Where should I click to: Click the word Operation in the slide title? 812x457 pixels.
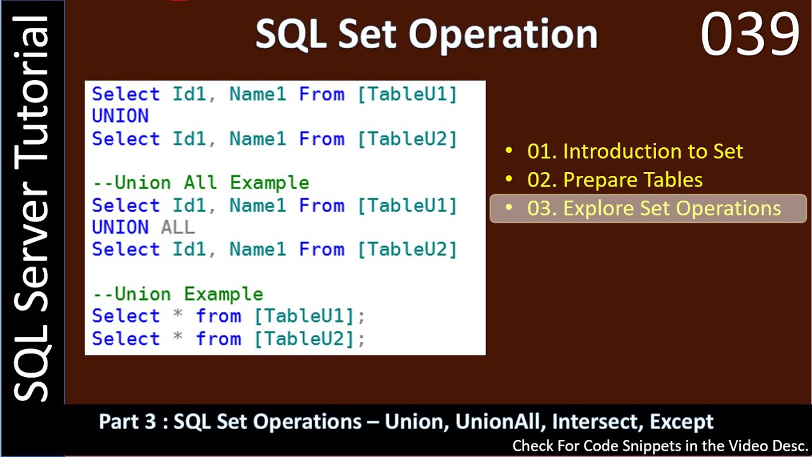point(502,34)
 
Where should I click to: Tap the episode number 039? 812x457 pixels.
point(750,35)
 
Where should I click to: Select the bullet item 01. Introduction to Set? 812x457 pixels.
point(634,151)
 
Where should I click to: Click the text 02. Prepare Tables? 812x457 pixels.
point(614,180)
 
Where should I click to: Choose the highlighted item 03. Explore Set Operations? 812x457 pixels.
point(653,209)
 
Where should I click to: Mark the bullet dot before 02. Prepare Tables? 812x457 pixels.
point(509,180)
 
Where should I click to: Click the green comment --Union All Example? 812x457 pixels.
point(200,183)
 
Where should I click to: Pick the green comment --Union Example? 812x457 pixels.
point(178,294)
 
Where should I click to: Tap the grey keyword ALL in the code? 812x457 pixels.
point(178,227)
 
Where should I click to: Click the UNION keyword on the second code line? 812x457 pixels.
point(121,116)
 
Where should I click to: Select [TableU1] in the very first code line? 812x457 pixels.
point(407,94)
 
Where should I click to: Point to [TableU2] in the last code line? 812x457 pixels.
point(303,338)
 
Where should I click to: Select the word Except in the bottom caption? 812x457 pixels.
point(682,421)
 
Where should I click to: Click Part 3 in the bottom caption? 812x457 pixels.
point(127,421)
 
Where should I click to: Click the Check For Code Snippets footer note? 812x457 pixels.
point(660,446)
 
